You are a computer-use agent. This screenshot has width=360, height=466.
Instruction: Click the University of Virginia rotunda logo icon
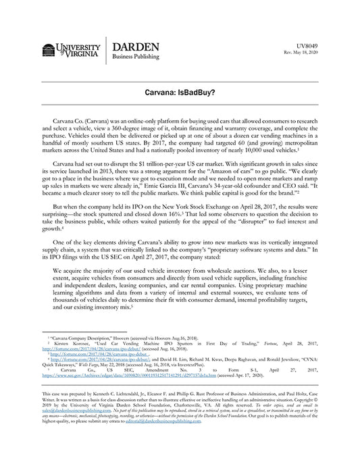[x=49, y=51]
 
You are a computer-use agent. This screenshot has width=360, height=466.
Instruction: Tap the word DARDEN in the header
[x=136, y=47]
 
